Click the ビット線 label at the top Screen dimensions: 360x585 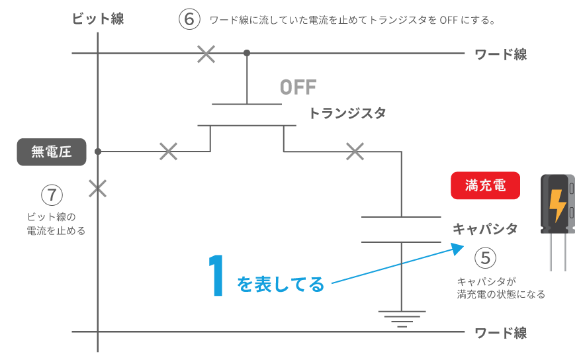click(98, 19)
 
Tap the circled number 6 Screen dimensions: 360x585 click(189, 19)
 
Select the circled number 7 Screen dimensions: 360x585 click(52, 195)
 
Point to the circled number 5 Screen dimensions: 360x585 click(485, 257)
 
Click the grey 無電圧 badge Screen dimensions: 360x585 click(52, 152)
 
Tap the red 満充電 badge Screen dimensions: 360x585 click(485, 186)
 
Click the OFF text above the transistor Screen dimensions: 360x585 click(298, 87)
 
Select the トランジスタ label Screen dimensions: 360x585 click(347, 113)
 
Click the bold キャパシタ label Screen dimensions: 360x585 click(484, 229)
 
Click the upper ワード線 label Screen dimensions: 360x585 click(501, 55)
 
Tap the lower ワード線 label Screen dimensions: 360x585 click(501, 333)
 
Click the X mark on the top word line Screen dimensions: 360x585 click(206, 54)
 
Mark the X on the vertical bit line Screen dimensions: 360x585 click(98, 189)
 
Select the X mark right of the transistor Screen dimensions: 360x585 click(355, 152)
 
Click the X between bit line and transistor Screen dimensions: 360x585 click(169, 152)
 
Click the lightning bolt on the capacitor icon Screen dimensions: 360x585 click(558, 206)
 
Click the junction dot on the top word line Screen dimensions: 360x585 click(247, 52)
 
